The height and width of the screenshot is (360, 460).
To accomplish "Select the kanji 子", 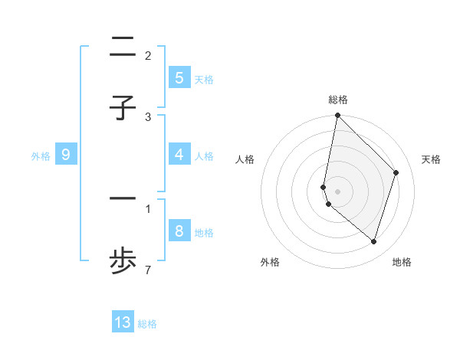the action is coord(123,108).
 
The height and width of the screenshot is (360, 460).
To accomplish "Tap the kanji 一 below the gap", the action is coord(123,199).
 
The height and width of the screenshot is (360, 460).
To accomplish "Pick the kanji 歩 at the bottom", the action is coord(123,262).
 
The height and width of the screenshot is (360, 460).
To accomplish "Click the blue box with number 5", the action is coord(179,78).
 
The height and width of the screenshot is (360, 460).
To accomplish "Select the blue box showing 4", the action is coord(179,155).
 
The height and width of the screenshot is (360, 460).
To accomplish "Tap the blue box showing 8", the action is coord(179,231).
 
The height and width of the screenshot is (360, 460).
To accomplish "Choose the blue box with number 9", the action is coord(66,155).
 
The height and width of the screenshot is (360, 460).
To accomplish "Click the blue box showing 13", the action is coord(123,322).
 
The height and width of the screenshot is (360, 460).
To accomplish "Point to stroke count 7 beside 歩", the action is coord(148,270).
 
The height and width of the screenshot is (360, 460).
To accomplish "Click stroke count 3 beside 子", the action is coord(148,116).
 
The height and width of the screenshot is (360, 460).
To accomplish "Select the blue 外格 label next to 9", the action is coord(41,155).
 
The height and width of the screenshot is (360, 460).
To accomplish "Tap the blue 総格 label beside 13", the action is coord(147,324).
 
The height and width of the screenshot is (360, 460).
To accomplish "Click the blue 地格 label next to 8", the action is coord(204,232).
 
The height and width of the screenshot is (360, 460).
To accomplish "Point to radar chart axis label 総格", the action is coord(337,100).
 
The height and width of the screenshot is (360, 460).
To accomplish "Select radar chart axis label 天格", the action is coord(431,159).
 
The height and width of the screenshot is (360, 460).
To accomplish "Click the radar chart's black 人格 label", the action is coord(245,159).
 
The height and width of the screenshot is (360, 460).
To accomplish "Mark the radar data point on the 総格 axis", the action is coord(337,115).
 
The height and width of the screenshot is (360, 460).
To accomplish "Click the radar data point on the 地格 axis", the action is coord(373,241).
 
